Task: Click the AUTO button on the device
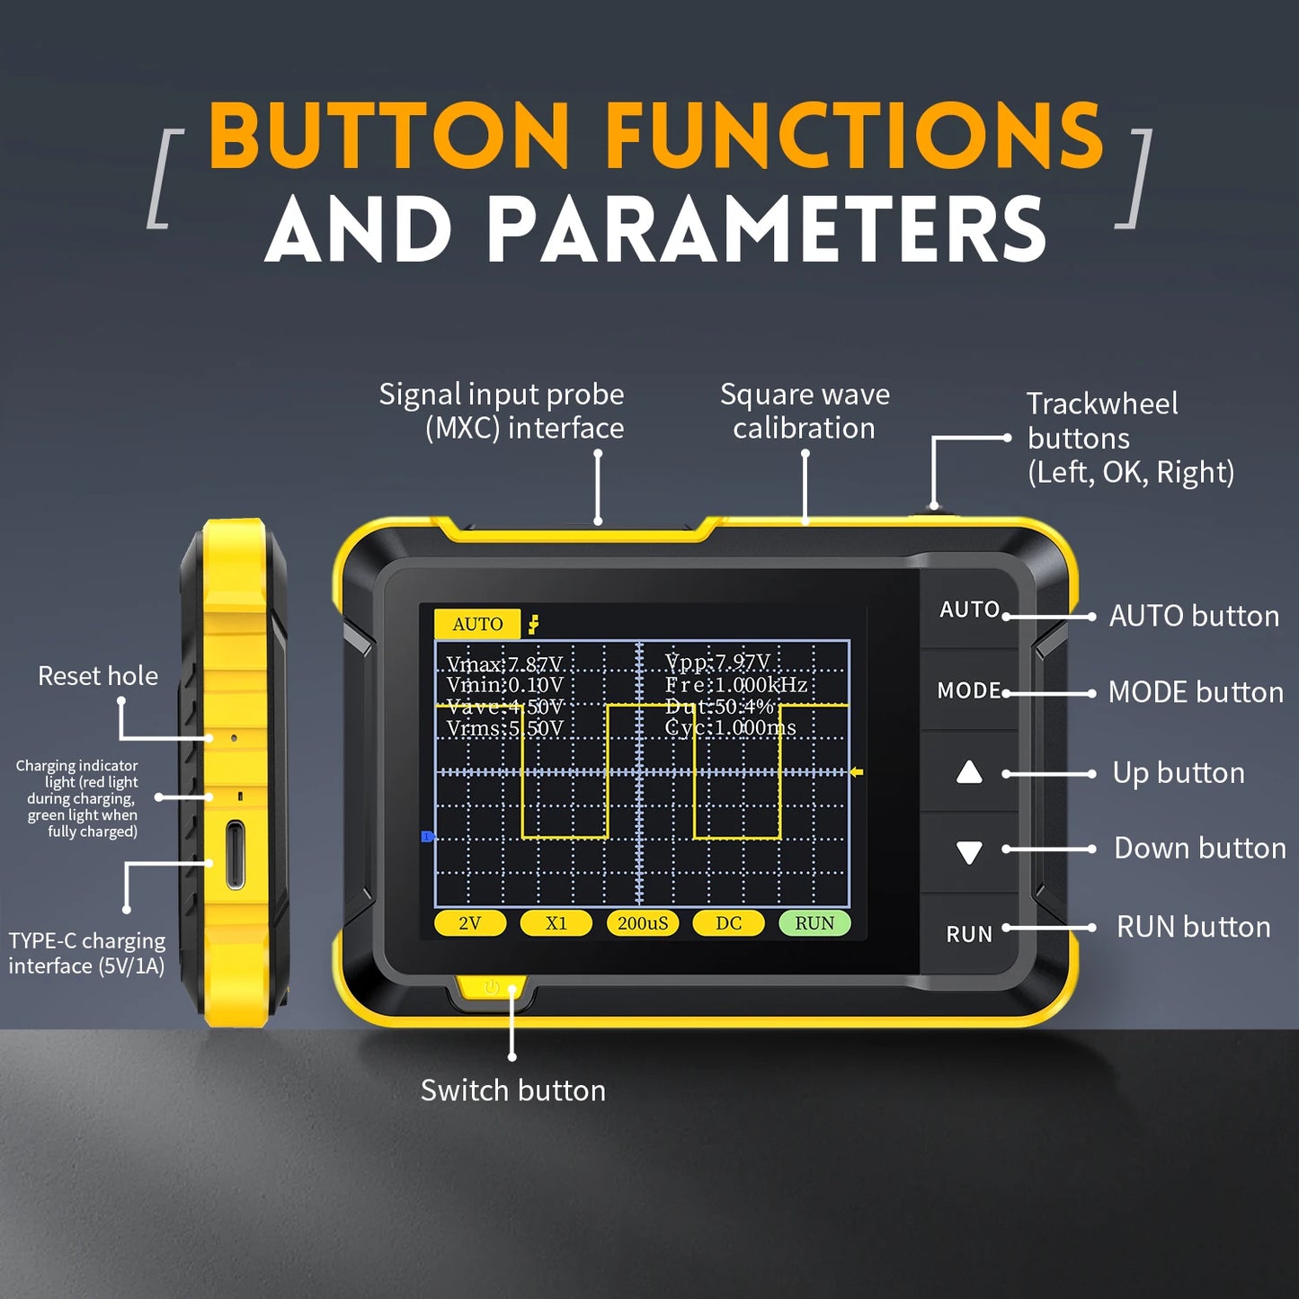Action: [x=969, y=609]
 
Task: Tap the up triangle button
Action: [x=969, y=772]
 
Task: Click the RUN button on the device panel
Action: [x=969, y=934]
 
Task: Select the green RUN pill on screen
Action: [x=814, y=923]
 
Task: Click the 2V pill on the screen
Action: [x=470, y=923]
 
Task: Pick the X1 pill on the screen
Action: [x=556, y=923]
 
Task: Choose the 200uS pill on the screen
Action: [x=643, y=923]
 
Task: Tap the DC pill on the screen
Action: [x=729, y=923]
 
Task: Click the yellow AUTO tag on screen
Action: [x=477, y=624]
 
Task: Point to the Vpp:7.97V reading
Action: [x=717, y=663]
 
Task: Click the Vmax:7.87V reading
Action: [x=504, y=664]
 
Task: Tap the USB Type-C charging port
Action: [x=236, y=854]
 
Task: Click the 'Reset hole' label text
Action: [x=98, y=676]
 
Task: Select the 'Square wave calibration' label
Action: [x=805, y=411]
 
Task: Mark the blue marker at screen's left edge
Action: [x=428, y=837]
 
